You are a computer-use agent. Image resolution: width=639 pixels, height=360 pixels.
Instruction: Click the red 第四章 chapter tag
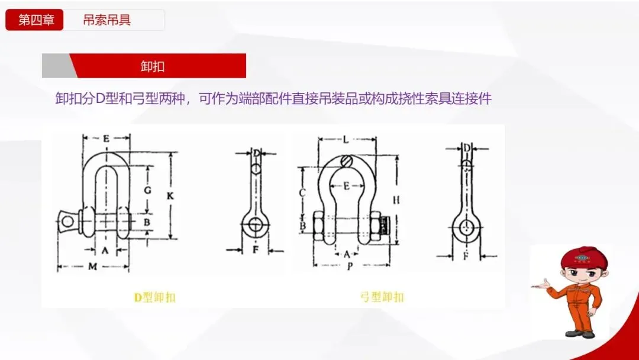[x=34, y=20]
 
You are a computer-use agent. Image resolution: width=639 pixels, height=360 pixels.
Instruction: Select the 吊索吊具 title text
[x=107, y=20]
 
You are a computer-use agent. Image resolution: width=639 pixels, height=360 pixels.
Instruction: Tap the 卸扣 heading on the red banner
[x=153, y=66]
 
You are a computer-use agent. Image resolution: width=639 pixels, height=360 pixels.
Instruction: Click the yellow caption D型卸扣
[x=154, y=298]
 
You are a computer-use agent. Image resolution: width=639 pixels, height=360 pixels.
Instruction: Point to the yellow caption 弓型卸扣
[x=382, y=297]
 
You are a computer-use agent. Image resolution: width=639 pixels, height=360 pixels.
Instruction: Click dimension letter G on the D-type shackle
[x=148, y=190]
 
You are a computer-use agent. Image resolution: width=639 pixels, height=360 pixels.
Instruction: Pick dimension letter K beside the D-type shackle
[x=171, y=195]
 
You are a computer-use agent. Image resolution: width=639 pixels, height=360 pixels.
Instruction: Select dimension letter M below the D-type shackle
[x=93, y=266]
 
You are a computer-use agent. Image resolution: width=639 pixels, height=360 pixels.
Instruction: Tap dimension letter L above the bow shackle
[x=346, y=140]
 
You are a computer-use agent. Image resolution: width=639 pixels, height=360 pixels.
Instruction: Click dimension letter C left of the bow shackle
[x=302, y=192]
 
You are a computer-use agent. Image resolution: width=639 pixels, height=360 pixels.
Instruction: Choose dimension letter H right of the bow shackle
[x=396, y=200]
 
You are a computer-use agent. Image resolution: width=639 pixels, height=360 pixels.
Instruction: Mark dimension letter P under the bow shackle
[x=350, y=266]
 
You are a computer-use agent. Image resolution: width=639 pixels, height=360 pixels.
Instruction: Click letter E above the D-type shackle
[x=105, y=138]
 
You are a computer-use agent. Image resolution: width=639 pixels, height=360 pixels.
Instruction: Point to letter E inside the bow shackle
[x=346, y=186]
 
